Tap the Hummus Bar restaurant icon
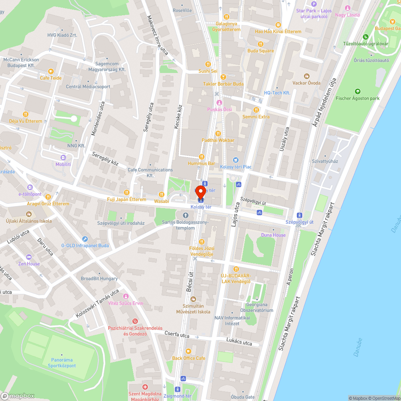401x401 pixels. (202, 157)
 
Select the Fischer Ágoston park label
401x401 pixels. (357, 98)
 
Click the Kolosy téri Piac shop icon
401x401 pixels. (235, 160)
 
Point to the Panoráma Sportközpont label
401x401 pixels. (62, 363)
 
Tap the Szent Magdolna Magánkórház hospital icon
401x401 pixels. (145, 387)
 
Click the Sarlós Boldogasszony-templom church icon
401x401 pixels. (185, 216)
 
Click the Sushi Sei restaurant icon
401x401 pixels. (208, 64)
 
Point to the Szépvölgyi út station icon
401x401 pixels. (298, 215)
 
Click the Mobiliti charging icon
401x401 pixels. (63, 158)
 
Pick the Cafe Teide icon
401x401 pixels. (50, 71)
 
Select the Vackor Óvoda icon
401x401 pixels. (307, 76)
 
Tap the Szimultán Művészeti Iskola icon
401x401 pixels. (193, 299)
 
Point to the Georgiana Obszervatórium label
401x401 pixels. (257, 308)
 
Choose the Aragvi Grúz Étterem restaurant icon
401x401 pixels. (48, 197)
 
